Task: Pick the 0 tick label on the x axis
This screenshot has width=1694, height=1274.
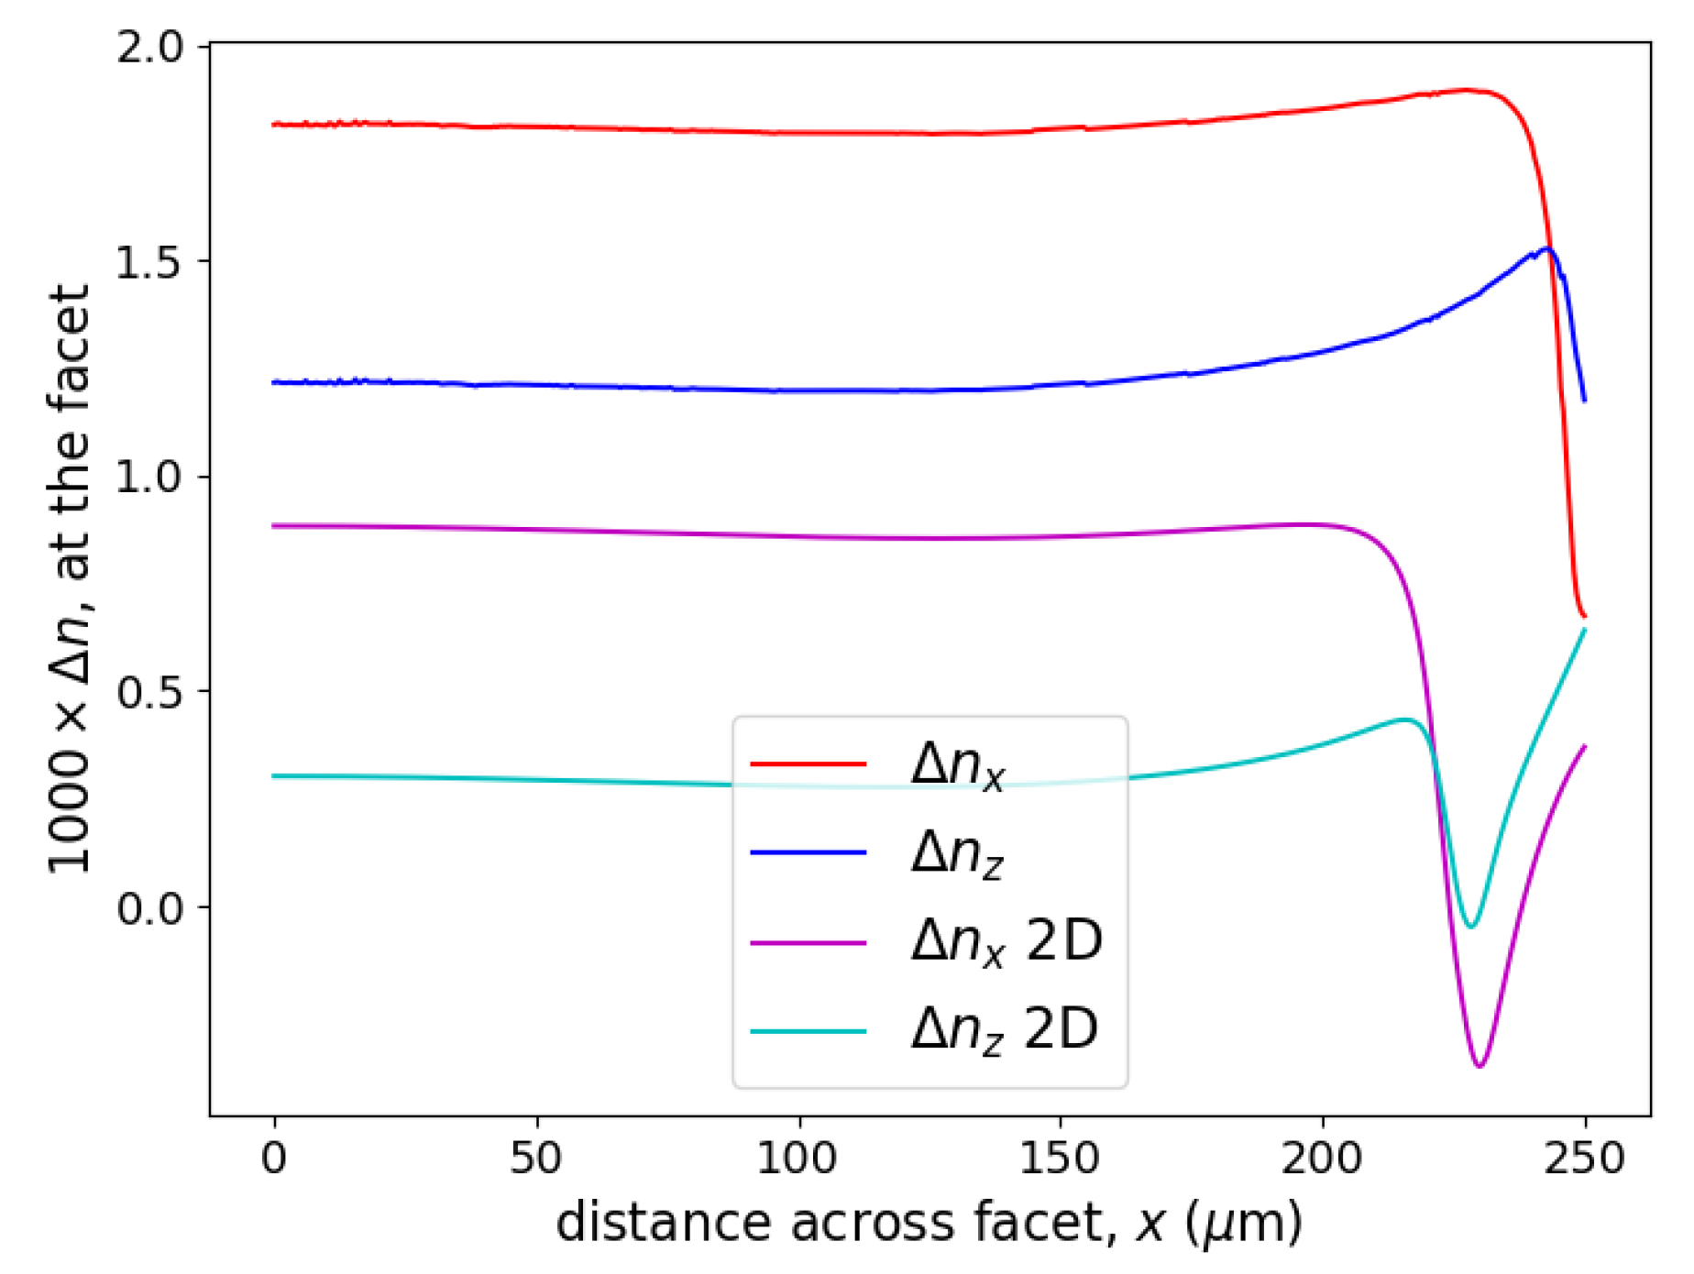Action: [273, 1159]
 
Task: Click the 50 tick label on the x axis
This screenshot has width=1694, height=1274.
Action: [535, 1159]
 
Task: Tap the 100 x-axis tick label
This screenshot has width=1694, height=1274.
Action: [797, 1159]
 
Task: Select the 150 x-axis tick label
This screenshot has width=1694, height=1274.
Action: [1060, 1159]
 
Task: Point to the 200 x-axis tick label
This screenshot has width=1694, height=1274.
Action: [1321, 1159]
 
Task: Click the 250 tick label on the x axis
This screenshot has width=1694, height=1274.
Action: [1584, 1159]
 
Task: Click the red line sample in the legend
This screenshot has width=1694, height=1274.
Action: [808, 763]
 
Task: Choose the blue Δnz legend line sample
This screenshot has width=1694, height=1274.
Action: [808, 852]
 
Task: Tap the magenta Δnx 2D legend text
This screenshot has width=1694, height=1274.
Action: [1006, 941]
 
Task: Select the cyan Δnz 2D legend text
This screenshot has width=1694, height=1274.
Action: [1004, 1030]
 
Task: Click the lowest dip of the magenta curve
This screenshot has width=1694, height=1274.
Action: [1479, 1066]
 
